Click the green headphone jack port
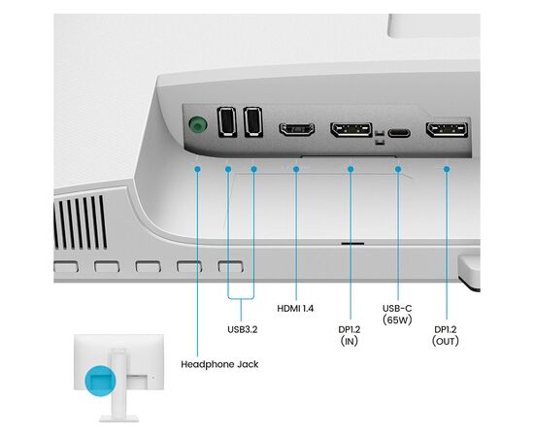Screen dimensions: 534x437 (197, 125)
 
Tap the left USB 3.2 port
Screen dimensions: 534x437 (227, 122)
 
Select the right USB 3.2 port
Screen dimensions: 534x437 (253, 122)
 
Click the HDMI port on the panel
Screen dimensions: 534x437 (297, 129)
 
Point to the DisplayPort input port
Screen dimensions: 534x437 (351, 129)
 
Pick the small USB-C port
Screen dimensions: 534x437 (399, 133)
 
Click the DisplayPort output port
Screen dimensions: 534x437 (447, 130)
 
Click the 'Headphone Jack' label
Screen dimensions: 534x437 (219, 364)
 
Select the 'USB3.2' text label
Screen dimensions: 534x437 (243, 330)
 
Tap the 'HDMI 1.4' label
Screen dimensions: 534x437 (295, 309)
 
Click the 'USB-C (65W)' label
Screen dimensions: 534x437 (397, 314)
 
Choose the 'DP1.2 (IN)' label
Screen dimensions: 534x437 (350, 335)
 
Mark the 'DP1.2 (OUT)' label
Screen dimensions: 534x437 (446, 335)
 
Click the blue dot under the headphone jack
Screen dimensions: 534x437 (197, 169)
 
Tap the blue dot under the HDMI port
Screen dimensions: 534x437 (296, 169)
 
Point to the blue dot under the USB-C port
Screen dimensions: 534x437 (398, 169)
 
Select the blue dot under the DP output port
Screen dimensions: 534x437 (447, 169)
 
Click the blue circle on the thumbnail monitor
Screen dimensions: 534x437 (100, 381)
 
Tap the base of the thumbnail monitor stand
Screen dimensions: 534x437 (118, 419)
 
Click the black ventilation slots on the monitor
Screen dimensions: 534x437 (81, 222)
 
